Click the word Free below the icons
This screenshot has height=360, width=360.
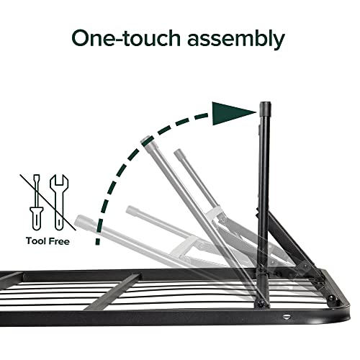(60, 242)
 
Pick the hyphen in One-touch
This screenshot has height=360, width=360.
(133, 40)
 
